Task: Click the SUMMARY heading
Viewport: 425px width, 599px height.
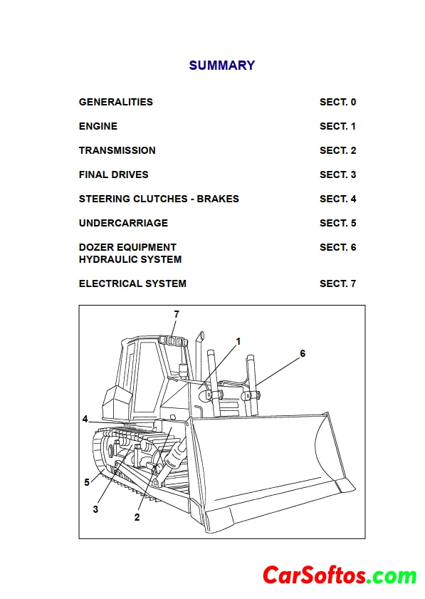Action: (222, 66)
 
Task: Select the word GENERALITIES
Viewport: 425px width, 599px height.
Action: (116, 102)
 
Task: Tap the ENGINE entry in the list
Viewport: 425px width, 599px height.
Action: (98, 126)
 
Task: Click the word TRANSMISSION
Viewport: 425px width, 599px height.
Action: (117, 150)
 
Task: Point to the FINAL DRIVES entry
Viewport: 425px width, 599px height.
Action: (113, 175)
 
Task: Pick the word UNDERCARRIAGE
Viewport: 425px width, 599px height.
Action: (123, 223)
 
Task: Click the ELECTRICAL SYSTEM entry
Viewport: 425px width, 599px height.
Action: (132, 283)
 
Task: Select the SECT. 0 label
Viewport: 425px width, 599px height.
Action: (338, 102)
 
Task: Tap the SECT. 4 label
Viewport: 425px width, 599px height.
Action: (338, 199)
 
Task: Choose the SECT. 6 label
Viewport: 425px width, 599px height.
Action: (338, 247)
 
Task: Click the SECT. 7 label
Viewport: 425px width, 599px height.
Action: (338, 283)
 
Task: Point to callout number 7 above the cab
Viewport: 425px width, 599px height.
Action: (177, 314)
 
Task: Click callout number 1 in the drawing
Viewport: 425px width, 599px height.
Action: (238, 341)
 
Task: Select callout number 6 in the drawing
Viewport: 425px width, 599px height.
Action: (303, 353)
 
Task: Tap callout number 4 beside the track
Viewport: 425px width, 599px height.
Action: (85, 419)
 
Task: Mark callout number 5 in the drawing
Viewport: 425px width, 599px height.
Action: (87, 482)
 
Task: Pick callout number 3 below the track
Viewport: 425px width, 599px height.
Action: (95, 509)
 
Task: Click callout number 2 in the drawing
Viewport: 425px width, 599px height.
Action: (137, 517)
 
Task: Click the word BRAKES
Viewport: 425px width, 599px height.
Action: (218, 199)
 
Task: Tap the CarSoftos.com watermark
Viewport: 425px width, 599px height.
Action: (340, 575)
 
